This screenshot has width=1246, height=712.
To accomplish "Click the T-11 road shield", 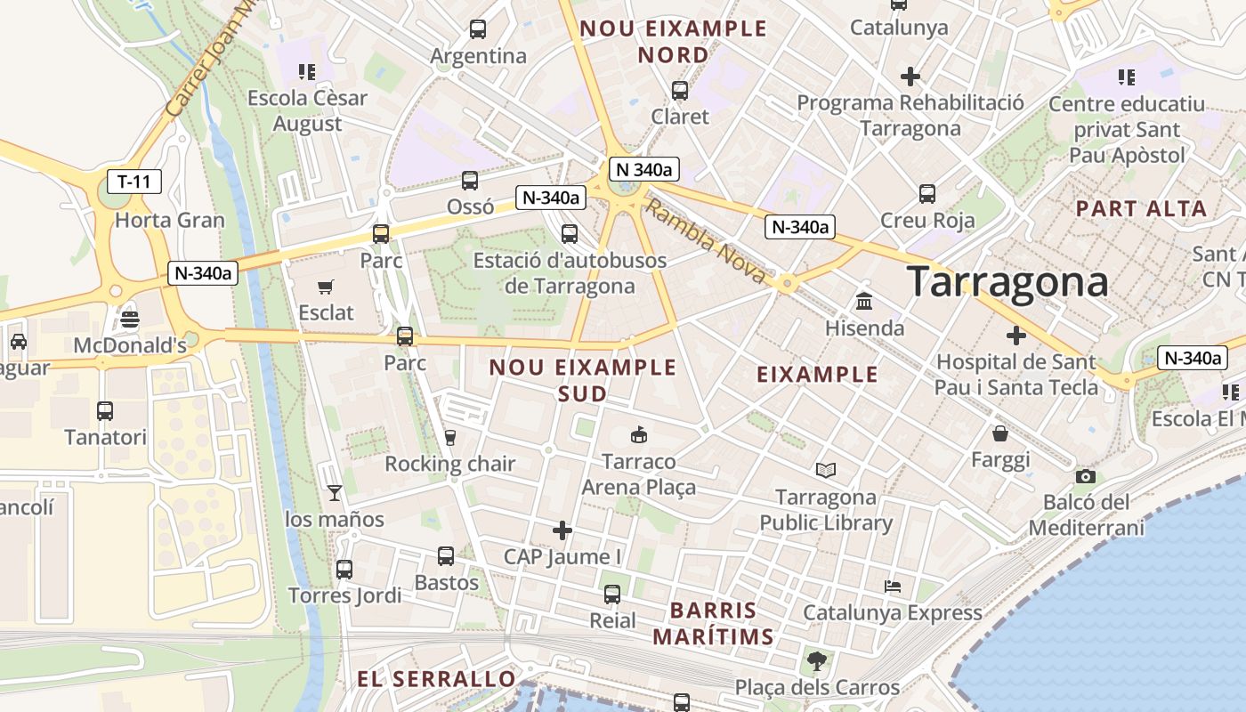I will tap(134, 182).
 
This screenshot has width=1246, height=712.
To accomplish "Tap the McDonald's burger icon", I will tap(130, 320).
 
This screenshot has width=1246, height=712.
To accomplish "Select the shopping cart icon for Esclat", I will tap(326, 287).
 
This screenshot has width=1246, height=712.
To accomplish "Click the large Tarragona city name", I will tap(1008, 282).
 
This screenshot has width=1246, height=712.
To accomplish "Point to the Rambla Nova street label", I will tap(705, 242).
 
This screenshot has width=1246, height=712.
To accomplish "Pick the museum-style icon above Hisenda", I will tap(863, 301).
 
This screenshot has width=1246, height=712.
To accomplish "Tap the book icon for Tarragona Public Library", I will tap(826, 470).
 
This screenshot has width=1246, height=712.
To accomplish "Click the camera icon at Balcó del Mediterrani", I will tap(1085, 476).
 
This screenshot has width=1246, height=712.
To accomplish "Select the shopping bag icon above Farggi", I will tap(1000, 433).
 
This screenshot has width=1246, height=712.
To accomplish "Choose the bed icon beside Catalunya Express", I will tap(893, 587).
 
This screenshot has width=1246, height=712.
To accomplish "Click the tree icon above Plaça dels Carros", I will tap(816, 661).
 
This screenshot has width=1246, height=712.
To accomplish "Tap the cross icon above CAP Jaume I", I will tap(562, 531).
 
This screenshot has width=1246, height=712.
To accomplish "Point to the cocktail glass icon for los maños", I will tap(334, 492).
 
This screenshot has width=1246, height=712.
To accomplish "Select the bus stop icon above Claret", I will tap(680, 90).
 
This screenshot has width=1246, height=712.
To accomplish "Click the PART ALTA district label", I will tap(1141, 209).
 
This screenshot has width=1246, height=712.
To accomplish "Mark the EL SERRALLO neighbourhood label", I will tap(436, 679).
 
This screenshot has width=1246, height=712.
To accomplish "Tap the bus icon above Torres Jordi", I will tap(344, 570).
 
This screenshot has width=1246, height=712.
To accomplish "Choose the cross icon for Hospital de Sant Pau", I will tap(1015, 336).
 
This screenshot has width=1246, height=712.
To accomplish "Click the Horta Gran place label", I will tap(170, 220).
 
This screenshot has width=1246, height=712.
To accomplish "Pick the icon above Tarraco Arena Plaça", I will tap(638, 435).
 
